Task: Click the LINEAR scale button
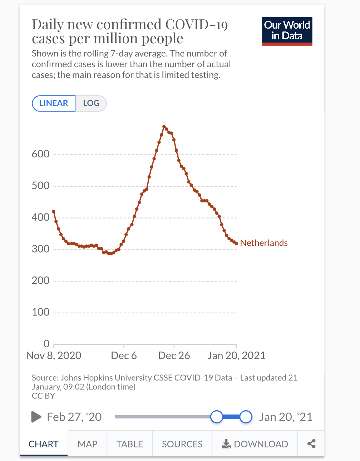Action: tap(54, 103)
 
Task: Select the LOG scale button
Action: tap(91, 103)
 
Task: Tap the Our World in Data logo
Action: tap(287, 31)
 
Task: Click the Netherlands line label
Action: tap(264, 243)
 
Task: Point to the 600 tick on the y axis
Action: tap(41, 154)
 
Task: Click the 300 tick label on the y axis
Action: tap(41, 249)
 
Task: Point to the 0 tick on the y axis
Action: tap(46, 344)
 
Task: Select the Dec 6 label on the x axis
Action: tap(124, 356)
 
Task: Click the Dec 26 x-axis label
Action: tap(174, 356)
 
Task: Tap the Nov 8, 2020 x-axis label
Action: tap(54, 356)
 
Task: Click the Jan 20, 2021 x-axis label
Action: tap(237, 356)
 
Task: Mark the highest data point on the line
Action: tap(164, 127)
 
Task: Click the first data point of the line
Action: tap(54, 212)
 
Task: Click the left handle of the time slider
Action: tap(217, 417)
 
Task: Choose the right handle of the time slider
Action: tap(246, 417)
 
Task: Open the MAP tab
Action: tap(87, 444)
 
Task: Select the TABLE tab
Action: tap(129, 444)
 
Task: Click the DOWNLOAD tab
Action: tap(255, 444)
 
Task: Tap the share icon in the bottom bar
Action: tap(311, 444)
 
